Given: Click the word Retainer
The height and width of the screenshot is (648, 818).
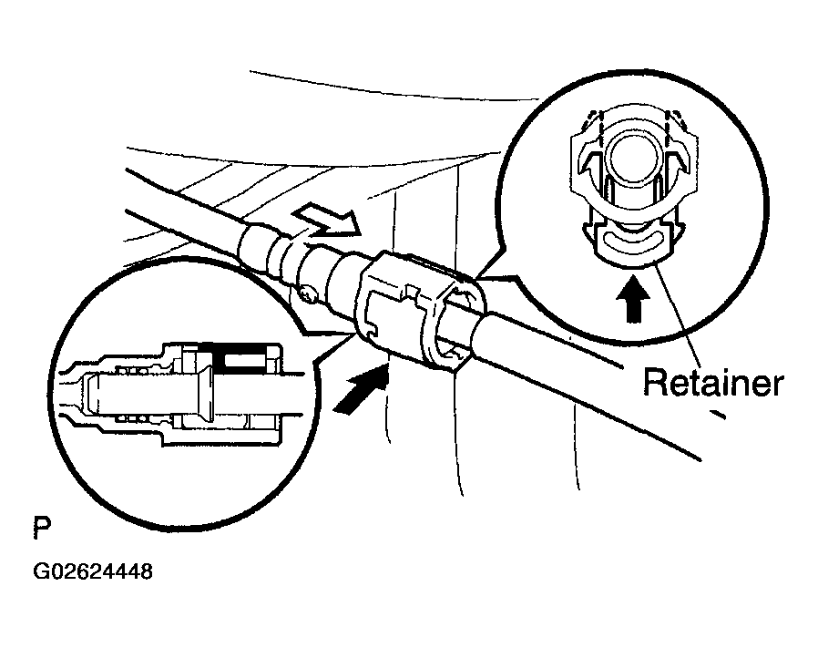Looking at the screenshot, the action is point(713,383).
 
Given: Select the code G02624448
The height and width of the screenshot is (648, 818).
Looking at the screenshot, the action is point(93,571).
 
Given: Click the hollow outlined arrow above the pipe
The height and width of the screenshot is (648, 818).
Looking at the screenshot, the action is point(322,223).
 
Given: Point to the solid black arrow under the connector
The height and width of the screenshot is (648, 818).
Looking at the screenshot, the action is point(361,388).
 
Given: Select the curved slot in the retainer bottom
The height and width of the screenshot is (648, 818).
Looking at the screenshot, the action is point(632,242).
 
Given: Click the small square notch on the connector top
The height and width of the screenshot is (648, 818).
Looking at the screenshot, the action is point(412,293).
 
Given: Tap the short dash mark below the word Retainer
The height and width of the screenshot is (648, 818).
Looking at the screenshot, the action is point(717,414).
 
